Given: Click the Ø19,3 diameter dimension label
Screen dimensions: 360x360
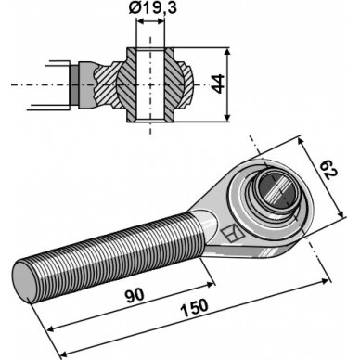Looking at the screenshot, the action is click(x=152, y=7).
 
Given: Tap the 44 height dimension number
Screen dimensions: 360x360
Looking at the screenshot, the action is click(x=218, y=84).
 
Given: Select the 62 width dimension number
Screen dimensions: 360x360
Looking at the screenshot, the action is click(x=328, y=171).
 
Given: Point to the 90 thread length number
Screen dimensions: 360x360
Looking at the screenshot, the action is click(x=135, y=294).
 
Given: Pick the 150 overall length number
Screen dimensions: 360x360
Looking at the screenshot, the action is click(x=195, y=307).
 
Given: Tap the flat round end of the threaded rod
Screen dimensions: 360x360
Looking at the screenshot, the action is click(x=26, y=281).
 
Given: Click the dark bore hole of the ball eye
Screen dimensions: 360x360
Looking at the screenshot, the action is click(x=276, y=189).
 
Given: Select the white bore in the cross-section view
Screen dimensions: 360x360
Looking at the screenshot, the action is click(x=150, y=84).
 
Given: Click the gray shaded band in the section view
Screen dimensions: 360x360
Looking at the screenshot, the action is click(x=73, y=84).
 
